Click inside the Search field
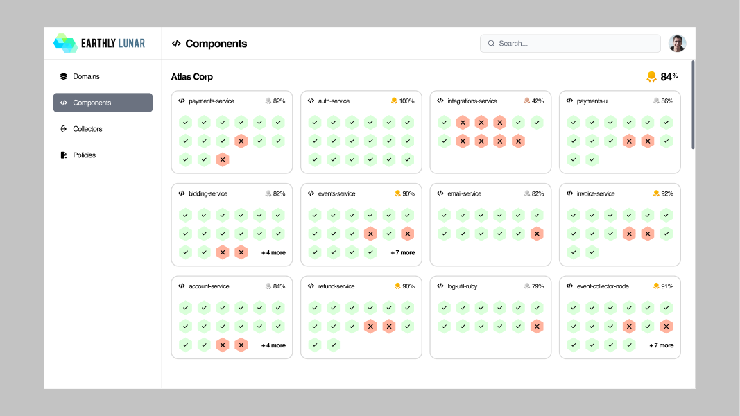click(x=570, y=44)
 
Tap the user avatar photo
click(x=677, y=44)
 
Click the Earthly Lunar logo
click(x=99, y=44)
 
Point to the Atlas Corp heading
click(x=191, y=77)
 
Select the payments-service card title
click(x=212, y=101)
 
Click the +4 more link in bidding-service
click(x=273, y=253)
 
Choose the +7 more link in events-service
click(x=402, y=253)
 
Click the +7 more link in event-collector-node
click(x=661, y=345)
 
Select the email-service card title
click(x=465, y=194)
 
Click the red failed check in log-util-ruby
click(x=537, y=327)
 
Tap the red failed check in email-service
click(x=537, y=234)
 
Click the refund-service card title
click(x=336, y=286)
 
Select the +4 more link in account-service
click(x=273, y=345)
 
